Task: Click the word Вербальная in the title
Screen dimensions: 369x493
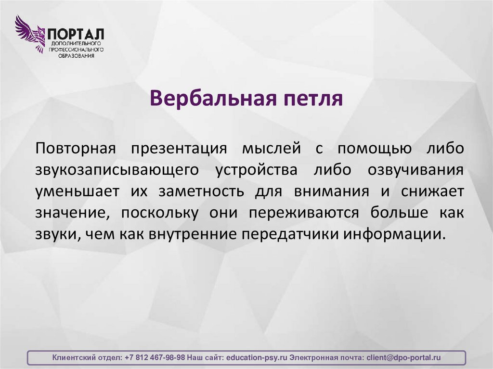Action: coord(210,98)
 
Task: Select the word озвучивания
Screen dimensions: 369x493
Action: coord(415,170)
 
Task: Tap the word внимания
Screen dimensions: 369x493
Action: coord(327,191)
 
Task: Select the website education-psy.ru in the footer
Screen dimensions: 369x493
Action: coord(257,358)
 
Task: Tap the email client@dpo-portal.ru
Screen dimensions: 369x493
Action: coord(403,358)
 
